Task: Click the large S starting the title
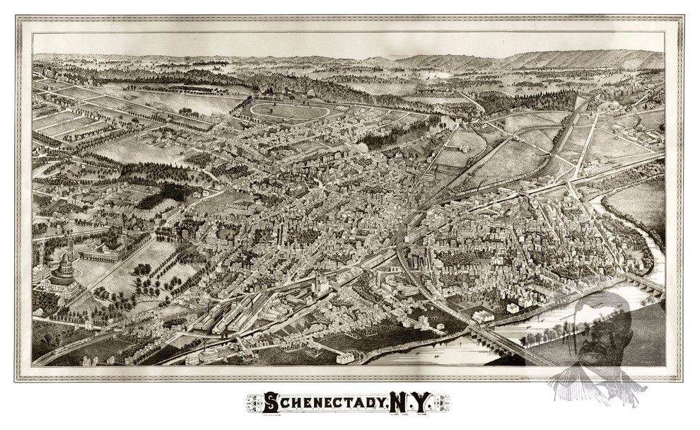click(x=271, y=403)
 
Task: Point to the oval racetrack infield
click(x=290, y=111)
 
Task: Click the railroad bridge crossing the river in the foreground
click(x=495, y=338)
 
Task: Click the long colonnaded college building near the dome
click(x=106, y=248)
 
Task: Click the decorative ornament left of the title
click(x=253, y=403)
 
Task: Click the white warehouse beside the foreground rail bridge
click(x=484, y=316)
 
